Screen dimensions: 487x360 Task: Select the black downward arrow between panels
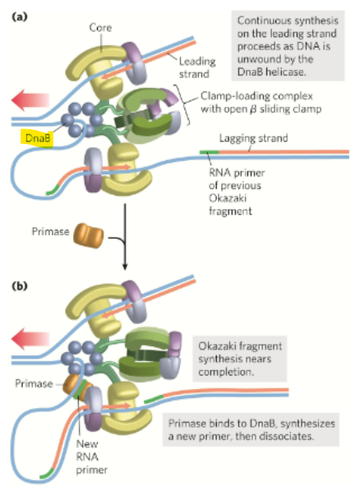[x=124, y=247]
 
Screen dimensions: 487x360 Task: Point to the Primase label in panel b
[x=28, y=383]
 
